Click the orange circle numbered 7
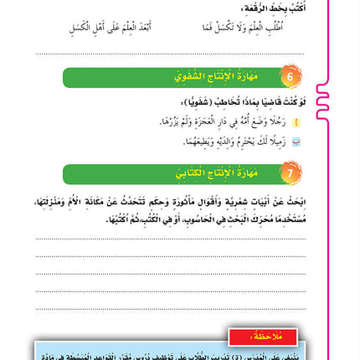point(291,173)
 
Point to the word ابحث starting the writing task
point(291,202)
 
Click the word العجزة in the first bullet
point(192,122)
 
